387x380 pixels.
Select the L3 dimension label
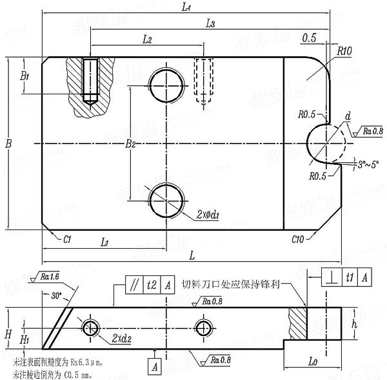210,24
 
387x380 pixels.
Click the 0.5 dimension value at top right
308,38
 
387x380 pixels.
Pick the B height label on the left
8,143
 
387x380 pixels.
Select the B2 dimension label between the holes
130,143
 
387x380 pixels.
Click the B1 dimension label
25,76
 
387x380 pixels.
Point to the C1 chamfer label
66,239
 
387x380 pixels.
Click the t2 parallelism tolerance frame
151,284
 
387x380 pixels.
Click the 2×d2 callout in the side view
122,338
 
